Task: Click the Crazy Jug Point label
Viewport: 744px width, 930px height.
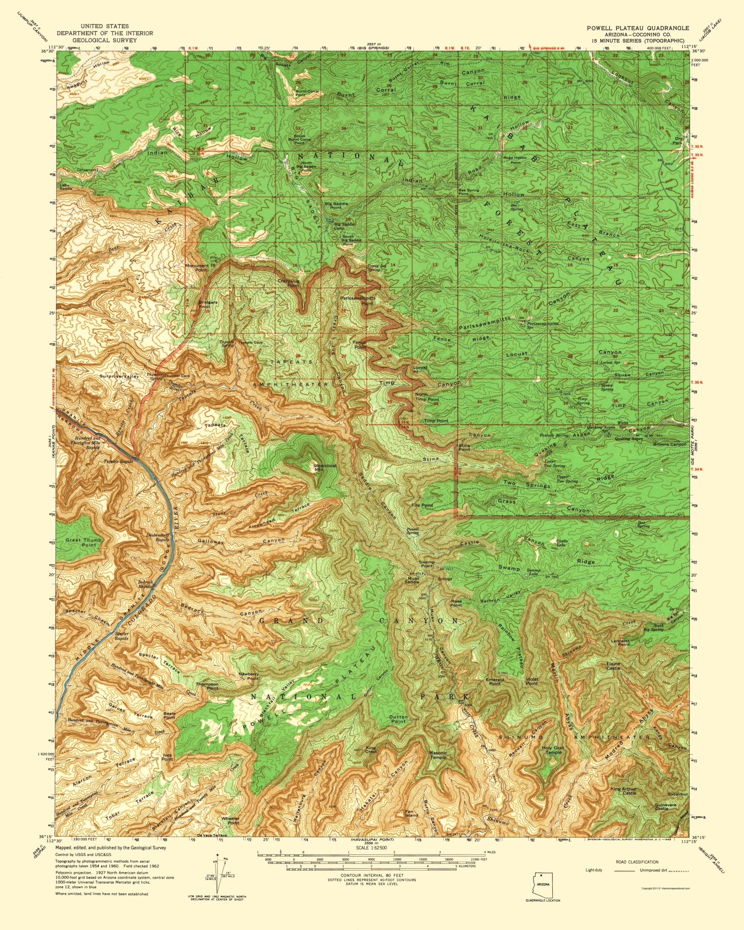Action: coord(289,283)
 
